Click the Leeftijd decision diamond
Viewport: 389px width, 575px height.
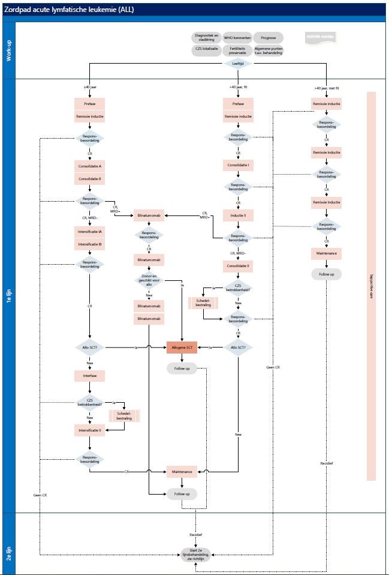(238, 63)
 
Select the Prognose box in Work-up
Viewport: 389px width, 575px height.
(269, 38)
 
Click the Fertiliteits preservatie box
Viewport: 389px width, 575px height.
(237, 51)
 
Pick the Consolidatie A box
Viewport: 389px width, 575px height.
(89, 164)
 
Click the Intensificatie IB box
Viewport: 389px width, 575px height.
(89, 244)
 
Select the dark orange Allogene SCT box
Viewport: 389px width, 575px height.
(182, 348)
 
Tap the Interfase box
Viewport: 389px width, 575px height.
(89, 376)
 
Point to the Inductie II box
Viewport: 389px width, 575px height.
(238, 215)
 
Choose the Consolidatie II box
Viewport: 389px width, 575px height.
(238, 265)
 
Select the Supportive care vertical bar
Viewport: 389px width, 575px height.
(370, 286)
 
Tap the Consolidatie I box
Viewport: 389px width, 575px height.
(238, 164)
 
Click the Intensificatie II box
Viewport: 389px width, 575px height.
(89, 430)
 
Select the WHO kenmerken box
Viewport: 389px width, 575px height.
(237, 38)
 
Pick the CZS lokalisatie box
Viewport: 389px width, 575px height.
(206, 51)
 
